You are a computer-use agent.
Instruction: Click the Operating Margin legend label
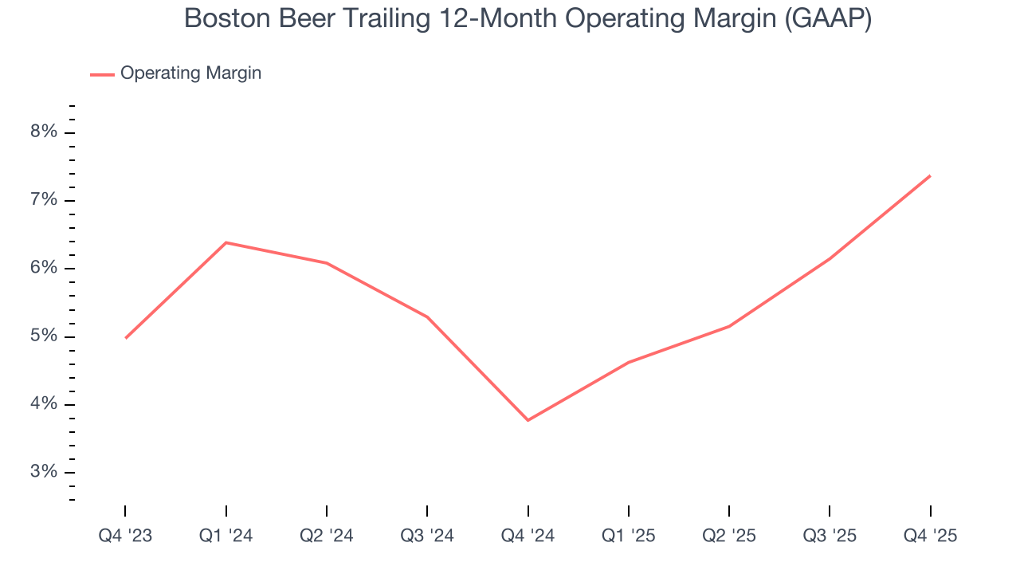(190, 73)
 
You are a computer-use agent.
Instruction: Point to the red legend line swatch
(102, 74)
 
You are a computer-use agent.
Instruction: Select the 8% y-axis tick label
(44, 132)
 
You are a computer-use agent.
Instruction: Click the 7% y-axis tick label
(44, 200)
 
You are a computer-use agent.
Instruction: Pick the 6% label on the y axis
(44, 269)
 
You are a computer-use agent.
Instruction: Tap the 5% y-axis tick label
(44, 336)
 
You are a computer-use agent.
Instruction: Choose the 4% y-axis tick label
(44, 404)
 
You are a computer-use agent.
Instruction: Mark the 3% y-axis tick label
(44, 472)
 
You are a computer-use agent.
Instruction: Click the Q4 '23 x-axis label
(125, 537)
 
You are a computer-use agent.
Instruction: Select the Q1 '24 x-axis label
(226, 537)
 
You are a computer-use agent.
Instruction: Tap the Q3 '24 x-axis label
(427, 537)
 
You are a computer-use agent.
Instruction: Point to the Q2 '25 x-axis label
(729, 537)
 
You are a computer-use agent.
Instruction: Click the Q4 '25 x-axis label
(930, 537)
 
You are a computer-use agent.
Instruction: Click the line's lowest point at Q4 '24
(528, 420)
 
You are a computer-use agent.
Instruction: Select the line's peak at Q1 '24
(226, 242)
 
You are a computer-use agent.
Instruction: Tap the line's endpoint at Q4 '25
(930, 175)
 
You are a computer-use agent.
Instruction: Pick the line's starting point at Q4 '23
(126, 338)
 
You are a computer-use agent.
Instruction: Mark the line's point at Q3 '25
(830, 258)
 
